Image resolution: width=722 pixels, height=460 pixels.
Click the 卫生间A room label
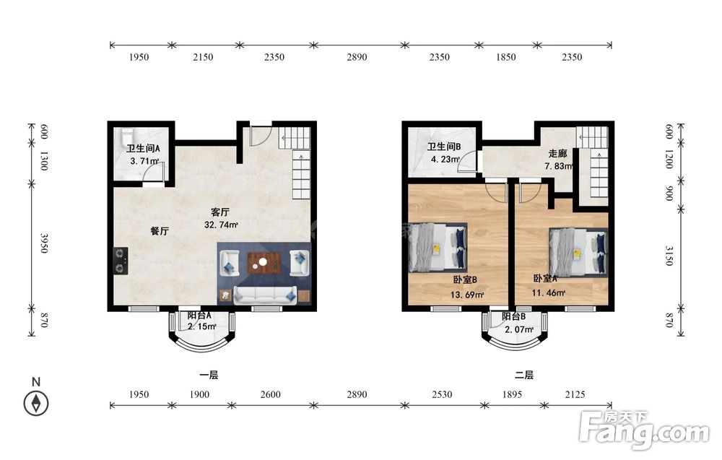(x=143, y=149)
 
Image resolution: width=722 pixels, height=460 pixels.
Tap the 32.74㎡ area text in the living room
(x=221, y=225)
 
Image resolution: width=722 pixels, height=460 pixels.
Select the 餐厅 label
(x=160, y=231)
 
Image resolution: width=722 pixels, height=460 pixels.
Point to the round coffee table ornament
(x=263, y=262)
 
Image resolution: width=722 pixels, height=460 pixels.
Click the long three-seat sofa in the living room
(x=265, y=295)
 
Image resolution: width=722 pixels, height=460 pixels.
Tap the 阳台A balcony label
(x=199, y=316)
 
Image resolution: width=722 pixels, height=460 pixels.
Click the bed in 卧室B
(x=438, y=247)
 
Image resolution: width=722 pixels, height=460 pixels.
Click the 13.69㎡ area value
(x=467, y=295)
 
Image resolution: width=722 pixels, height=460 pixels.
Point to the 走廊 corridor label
(x=557, y=153)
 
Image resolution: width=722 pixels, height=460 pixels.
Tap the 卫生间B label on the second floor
(x=444, y=147)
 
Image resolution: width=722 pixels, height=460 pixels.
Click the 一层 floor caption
(x=209, y=376)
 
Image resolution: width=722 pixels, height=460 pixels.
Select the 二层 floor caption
(x=524, y=376)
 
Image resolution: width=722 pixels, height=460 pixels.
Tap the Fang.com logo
(x=644, y=430)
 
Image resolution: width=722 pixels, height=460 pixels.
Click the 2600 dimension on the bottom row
(x=270, y=394)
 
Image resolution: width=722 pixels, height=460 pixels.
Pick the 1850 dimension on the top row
(x=505, y=57)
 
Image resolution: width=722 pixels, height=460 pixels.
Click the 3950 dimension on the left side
(x=44, y=243)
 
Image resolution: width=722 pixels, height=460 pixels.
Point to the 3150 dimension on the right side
(x=669, y=256)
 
